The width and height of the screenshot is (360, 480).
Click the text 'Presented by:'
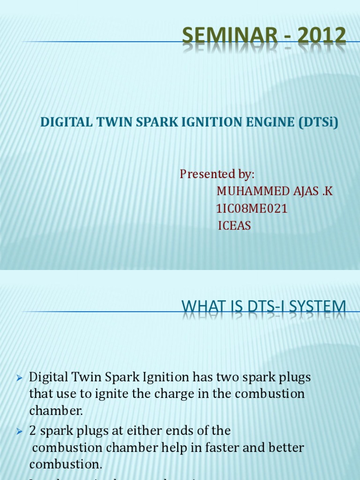(217, 174)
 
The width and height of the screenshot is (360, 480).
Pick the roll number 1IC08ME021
(252, 209)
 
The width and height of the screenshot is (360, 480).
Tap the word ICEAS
(234, 226)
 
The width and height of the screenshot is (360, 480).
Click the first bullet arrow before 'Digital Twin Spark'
(19, 378)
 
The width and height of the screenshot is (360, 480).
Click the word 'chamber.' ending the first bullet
(56, 411)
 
